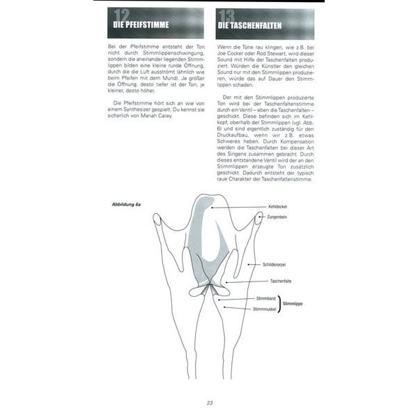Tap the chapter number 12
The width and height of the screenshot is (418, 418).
pyautogui.click(x=124, y=17)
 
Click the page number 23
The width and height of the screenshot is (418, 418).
pyautogui.click(x=209, y=402)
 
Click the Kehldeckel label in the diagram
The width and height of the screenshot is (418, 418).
pyautogui.click(x=277, y=207)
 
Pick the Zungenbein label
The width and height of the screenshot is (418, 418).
pyautogui.click(x=278, y=217)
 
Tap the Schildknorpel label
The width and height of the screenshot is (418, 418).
pyautogui.click(x=276, y=265)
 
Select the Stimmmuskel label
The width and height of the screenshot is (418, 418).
pyautogui.click(x=264, y=308)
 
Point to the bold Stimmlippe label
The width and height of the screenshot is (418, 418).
pyautogui.click(x=292, y=303)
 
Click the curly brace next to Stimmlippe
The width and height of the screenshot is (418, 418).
pyautogui.click(x=280, y=303)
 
